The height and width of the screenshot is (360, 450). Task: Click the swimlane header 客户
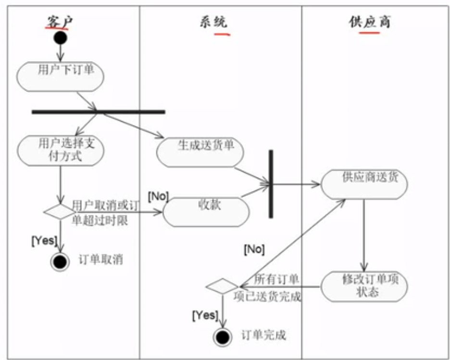point(60,22)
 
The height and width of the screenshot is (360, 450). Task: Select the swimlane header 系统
point(213,22)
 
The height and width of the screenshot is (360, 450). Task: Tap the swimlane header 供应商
point(369,22)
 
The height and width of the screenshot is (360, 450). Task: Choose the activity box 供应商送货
point(364,183)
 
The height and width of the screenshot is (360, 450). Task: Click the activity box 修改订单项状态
point(364,286)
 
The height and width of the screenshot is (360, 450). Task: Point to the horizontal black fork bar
point(98,112)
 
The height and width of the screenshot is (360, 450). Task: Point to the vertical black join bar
point(271,183)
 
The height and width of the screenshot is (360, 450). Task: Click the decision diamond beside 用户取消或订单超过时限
point(60,211)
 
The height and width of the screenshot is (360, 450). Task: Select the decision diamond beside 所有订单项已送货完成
point(222,287)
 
